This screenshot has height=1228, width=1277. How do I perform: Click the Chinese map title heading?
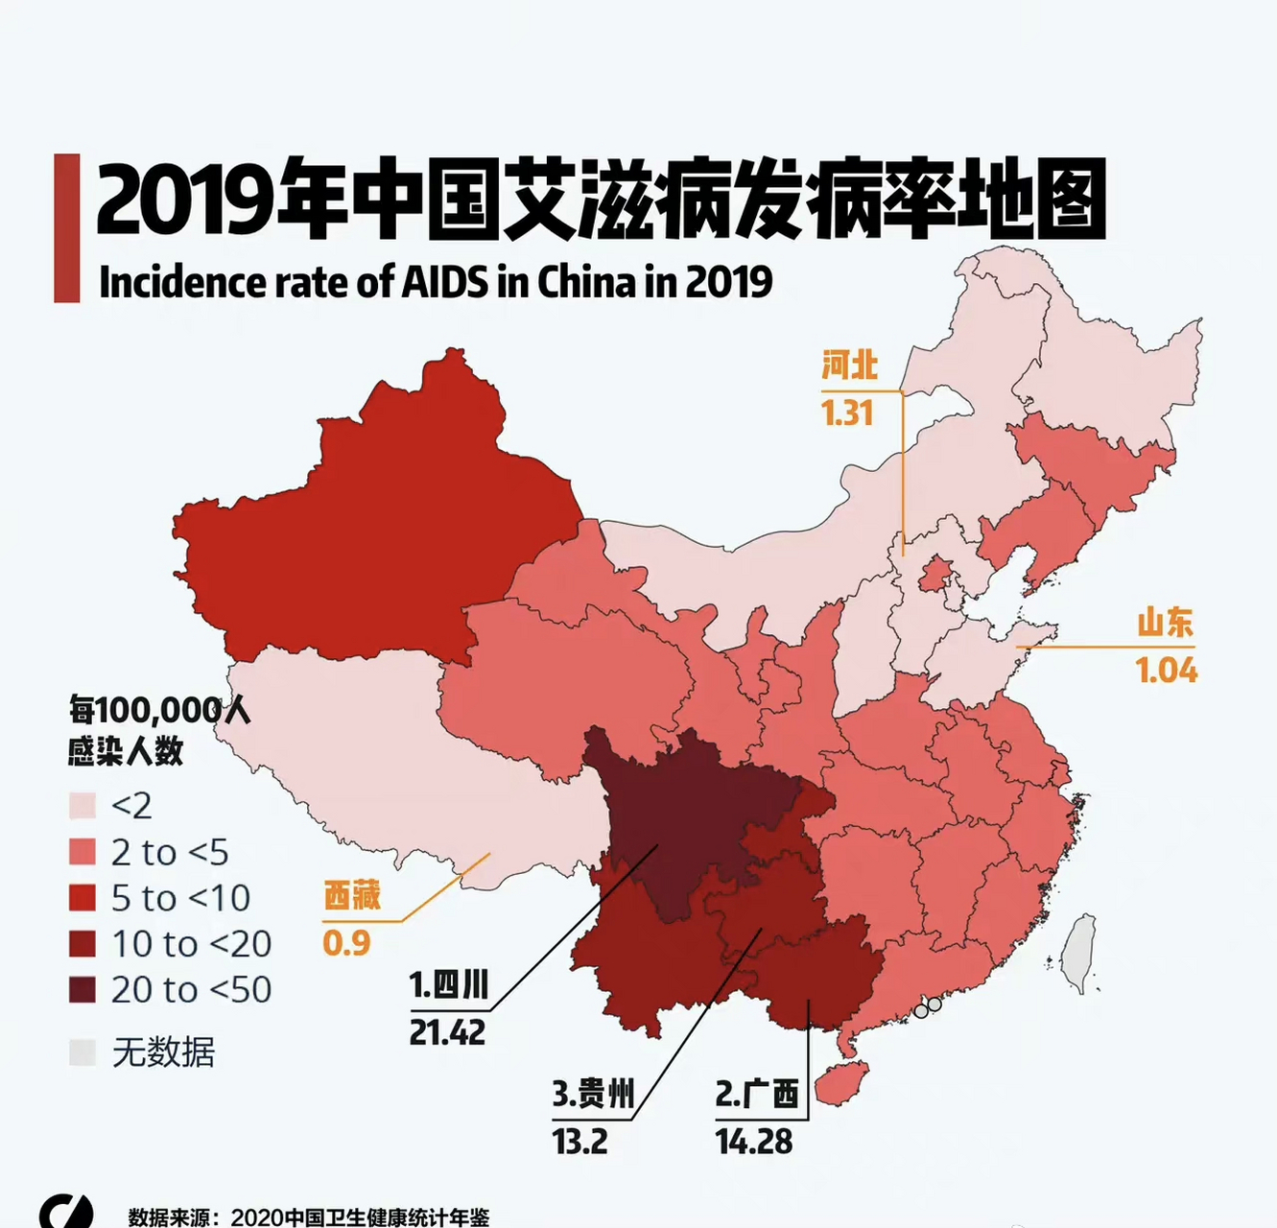(x=601, y=200)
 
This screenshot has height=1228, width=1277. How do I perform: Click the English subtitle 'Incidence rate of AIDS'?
(x=435, y=282)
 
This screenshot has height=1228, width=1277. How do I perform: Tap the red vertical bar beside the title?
(x=66, y=228)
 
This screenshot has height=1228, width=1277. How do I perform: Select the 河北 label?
(x=849, y=366)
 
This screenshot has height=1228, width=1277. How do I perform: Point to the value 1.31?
(x=846, y=413)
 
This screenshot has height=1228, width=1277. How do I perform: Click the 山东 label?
(x=1165, y=623)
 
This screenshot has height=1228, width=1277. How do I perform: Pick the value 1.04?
(x=1166, y=670)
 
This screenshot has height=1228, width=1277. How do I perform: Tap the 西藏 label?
(x=352, y=895)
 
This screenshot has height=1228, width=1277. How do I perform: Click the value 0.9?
(x=346, y=943)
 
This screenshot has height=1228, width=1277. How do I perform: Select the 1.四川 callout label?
(x=449, y=985)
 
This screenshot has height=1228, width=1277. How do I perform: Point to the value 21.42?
(x=447, y=1033)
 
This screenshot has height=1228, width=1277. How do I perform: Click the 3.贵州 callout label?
(x=593, y=1094)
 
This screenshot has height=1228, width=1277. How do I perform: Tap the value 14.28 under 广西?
(x=753, y=1142)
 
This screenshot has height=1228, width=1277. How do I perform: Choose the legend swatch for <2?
(x=83, y=806)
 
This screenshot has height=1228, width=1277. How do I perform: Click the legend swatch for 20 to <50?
(x=83, y=990)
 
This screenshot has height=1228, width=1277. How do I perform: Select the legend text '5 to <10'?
(x=180, y=898)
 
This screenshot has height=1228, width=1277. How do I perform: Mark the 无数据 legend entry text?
(x=163, y=1052)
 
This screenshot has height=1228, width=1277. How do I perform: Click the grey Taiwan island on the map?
(x=1080, y=953)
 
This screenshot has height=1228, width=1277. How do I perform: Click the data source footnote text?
(x=309, y=1216)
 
